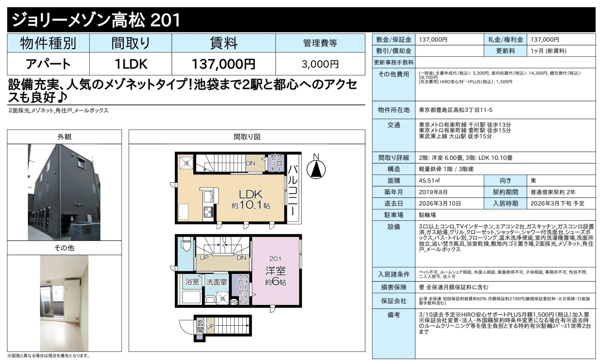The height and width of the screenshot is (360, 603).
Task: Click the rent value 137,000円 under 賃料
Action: (223, 64)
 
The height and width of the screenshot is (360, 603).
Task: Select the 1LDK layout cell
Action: (131, 64)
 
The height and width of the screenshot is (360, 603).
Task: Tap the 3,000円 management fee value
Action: (320, 64)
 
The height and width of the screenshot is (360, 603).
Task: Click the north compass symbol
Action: (316, 169)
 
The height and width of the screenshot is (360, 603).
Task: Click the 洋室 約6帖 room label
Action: (275, 276)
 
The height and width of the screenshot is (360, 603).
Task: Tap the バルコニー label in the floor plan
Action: (293, 191)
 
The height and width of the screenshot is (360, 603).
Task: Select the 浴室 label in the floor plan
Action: (192, 282)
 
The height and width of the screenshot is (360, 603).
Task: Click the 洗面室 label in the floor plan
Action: (216, 282)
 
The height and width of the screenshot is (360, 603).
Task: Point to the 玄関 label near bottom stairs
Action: (200, 326)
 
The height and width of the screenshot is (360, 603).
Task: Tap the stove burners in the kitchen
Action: (209, 211)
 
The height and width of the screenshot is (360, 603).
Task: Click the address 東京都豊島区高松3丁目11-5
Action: (455, 110)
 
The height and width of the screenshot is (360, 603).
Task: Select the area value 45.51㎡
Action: (429, 181)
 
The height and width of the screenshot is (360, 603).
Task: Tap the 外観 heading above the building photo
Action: (64, 137)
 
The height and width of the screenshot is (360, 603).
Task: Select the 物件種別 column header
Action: (48, 43)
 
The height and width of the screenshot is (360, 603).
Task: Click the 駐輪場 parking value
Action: (427, 215)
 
